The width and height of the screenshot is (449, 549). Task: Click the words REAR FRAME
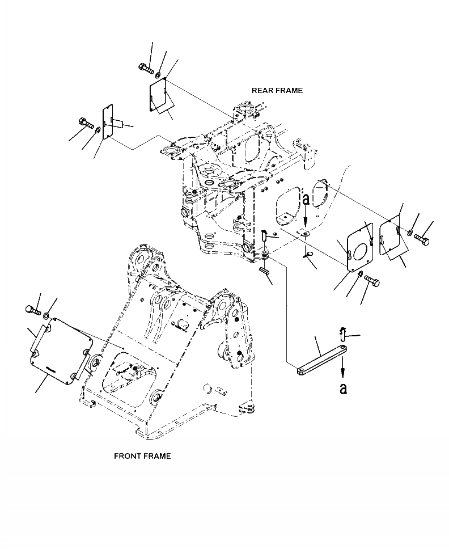pos(277,90)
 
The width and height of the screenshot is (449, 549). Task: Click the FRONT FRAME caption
pos(142,456)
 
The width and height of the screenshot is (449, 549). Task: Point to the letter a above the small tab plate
pos(306,199)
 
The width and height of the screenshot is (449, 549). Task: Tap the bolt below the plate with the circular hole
pos(372,280)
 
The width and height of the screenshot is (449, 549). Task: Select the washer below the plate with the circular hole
pos(360,274)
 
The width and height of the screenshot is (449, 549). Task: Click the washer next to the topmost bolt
pos(158,74)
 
